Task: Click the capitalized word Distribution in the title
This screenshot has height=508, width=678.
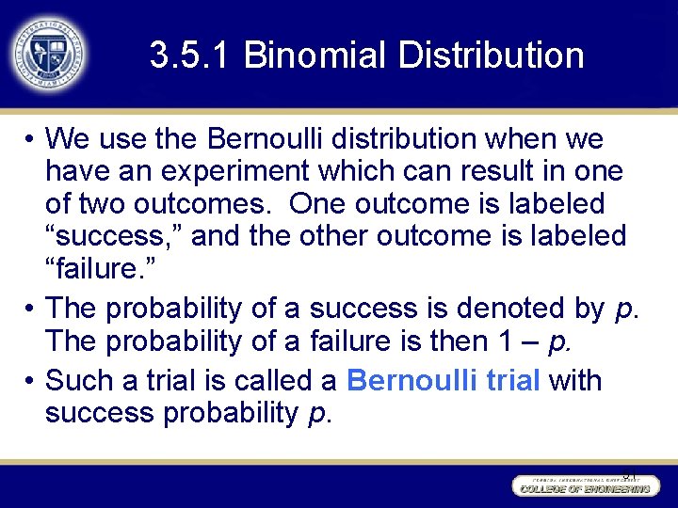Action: click(491, 56)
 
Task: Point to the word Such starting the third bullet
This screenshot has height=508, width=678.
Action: click(76, 381)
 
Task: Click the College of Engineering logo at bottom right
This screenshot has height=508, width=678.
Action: click(582, 484)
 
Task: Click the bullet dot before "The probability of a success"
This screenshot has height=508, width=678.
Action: click(31, 309)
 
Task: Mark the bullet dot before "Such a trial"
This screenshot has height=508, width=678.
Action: click(31, 382)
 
